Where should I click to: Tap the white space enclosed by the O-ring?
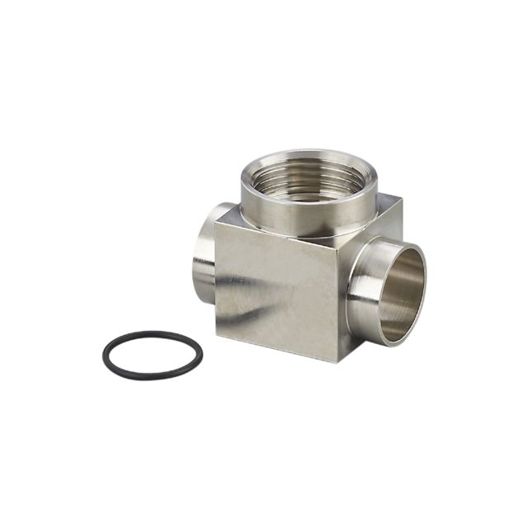153,355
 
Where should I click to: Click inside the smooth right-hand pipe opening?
400,293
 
